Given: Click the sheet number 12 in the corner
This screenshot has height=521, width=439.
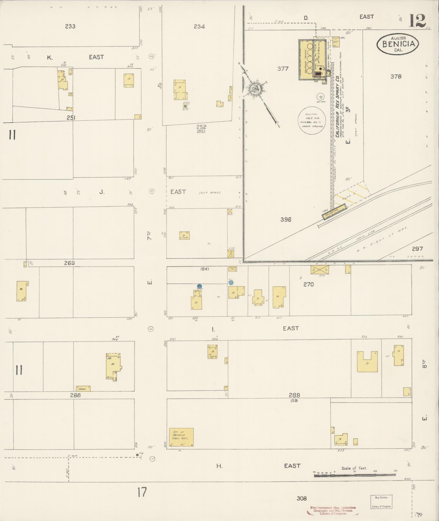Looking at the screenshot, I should pos(417,21).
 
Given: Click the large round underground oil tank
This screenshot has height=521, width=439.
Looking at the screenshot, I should pos(312,120).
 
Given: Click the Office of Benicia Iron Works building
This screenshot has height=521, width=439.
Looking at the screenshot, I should pos(181,437).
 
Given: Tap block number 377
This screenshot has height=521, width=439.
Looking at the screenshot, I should pos(283,69).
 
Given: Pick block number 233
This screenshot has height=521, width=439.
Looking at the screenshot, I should pos(70,26).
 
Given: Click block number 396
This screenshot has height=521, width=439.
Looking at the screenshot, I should pos(285,219).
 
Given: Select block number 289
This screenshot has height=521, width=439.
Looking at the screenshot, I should pos(294,395).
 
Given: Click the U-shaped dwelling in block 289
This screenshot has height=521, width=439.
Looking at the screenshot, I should pos(367,362).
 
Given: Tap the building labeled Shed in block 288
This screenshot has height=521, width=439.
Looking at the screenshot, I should pos(83,389).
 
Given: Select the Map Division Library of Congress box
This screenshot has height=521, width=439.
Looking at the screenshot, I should pos(381,502).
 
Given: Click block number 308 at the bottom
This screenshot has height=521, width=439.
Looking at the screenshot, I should pos(302,498).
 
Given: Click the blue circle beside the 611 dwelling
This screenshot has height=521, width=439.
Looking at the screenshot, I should pos(231,282).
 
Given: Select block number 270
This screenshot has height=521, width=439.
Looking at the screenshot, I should pos(308,284).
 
